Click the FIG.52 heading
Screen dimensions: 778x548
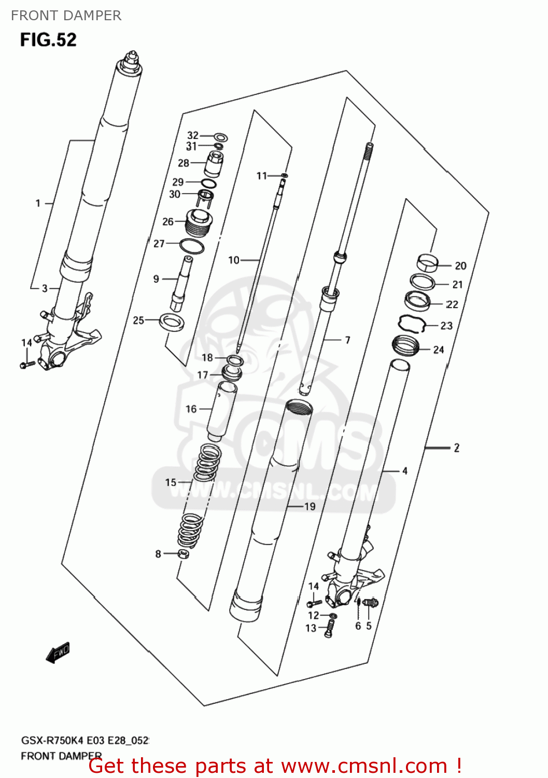48,40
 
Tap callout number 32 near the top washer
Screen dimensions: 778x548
192,135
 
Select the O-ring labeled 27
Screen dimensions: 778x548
191,246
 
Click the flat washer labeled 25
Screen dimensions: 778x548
172,322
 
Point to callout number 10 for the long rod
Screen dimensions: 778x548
234,260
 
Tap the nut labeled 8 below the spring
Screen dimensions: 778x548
183,554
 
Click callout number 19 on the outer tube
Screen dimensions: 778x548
310,506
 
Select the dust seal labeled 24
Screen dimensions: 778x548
405,346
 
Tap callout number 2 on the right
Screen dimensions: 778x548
456,448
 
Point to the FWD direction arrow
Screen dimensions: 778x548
58,653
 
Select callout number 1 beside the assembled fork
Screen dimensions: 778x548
38,203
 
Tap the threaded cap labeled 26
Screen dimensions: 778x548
198,223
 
